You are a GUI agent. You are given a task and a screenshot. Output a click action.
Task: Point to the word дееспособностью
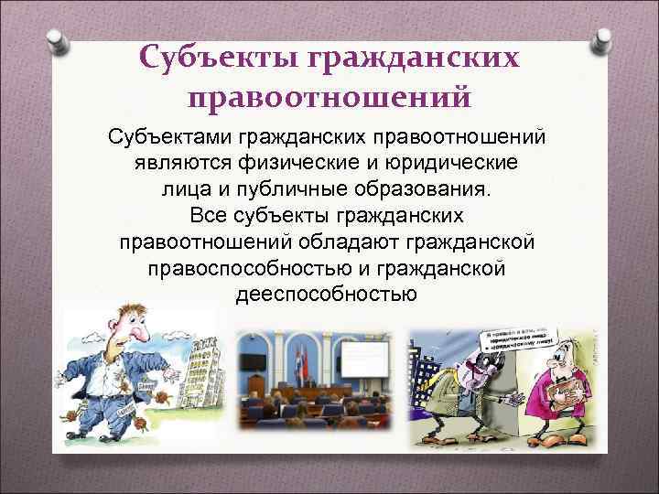click(x=326, y=295)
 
